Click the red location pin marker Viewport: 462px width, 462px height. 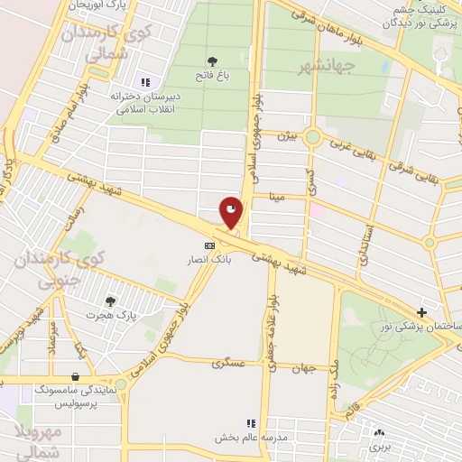pyautogui.click(x=232, y=213)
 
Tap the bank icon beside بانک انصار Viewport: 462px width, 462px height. pyautogui.click(x=209, y=245)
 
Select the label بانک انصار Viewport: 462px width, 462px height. pyautogui.click(x=209, y=260)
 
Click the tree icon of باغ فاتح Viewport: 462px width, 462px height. pyautogui.click(x=213, y=61)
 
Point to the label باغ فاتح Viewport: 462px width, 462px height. pyautogui.click(x=213, y=78)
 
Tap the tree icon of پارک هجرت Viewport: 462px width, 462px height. pyautogui.click(x=110, y=301)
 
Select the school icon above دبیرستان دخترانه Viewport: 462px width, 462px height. pyautogui.click(x=145, y=82)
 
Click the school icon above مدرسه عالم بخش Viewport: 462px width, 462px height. pyautogui.click(x=251, y=422)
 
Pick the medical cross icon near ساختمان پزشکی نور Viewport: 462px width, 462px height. pyautogui.click(x=421, y=311)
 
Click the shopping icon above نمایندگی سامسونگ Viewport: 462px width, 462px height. pyautogui.click(x=74, y=376)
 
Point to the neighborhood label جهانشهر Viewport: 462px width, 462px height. pyautogui.click(x=330, y=65)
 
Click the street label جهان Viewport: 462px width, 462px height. pyautogui.click(x=303, y=368)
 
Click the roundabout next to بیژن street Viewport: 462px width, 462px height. pyautogui.click(x=313, y=137)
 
